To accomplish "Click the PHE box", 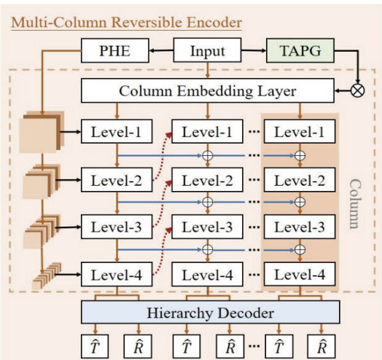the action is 115,50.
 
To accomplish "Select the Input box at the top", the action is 207,50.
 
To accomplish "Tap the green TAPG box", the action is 300,50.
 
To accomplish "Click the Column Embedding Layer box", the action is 208,90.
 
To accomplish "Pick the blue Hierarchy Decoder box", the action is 211,312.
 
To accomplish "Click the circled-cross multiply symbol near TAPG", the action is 358,90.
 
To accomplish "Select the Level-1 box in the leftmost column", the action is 117,131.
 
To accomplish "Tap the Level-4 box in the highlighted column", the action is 300,274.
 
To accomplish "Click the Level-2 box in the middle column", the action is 207,180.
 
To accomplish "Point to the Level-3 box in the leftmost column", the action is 117,227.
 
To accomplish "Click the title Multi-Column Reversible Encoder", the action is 126,23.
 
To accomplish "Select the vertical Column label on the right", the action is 356,204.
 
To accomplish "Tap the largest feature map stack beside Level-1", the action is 42,132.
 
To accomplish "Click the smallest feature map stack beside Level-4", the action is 46,276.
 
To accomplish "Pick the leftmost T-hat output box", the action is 95,347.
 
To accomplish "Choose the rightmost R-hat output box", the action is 321,347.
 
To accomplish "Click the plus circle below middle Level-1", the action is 208,155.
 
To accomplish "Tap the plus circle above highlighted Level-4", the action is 300,249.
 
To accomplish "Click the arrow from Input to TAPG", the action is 254,50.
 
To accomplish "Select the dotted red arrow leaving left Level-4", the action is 162,251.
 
